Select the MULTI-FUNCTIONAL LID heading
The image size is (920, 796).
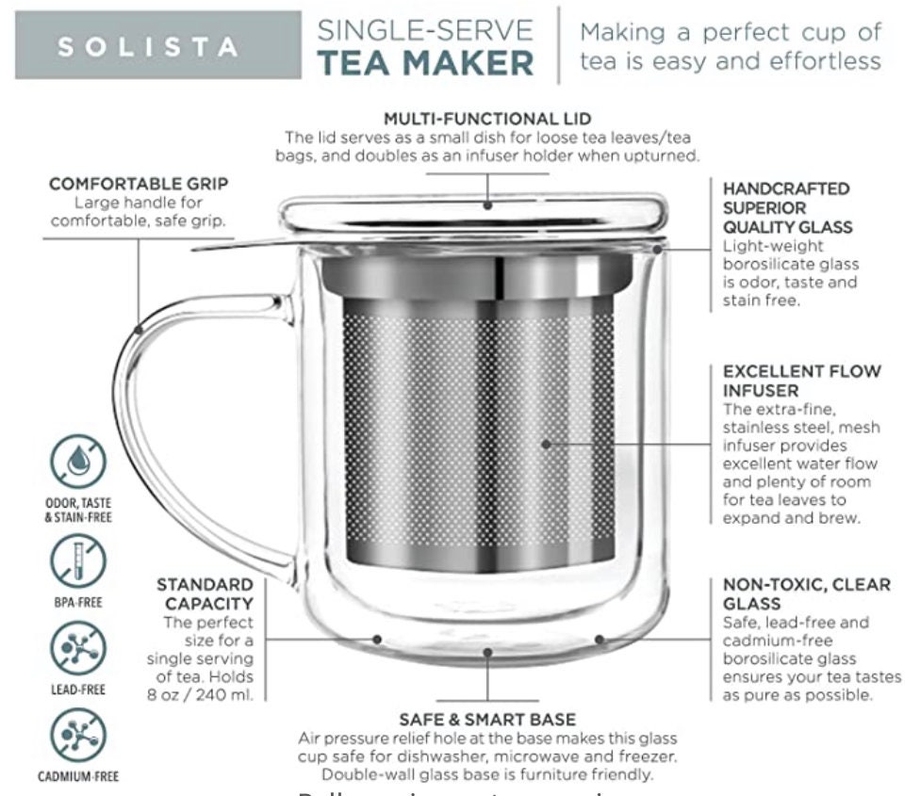coord(487,119)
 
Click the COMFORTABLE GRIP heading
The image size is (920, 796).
coord(139,183)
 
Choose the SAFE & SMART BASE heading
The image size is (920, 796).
coord(487,720)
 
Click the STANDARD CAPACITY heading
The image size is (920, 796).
coord(205,594)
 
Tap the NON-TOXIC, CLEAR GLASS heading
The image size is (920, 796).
coord(806,594)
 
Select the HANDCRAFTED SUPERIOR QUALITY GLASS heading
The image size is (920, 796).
coord(787,208)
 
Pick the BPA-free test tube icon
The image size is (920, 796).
coord(78,559)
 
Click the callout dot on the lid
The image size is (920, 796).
coord(487,204)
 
